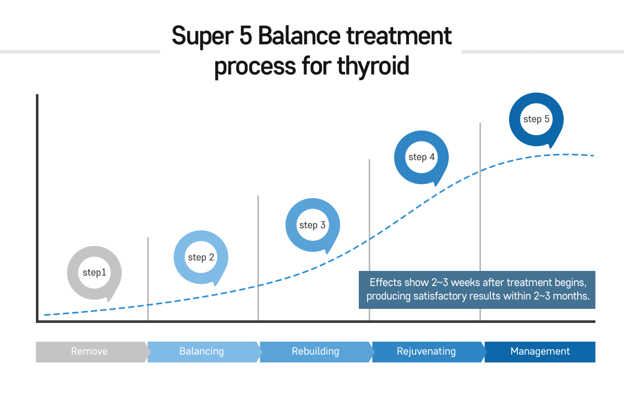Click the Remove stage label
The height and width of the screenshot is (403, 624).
pyautogui.click(x=89, y=352)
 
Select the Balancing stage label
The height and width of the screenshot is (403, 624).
pyautogui.click(x=202, y=352)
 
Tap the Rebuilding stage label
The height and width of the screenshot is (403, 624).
pyautogui.click(x=315, y=352)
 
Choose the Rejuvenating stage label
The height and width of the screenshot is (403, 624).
pyautogui.click(x=426, y=352)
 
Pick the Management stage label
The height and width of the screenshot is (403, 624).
pyautogui.click(x=540, y=352)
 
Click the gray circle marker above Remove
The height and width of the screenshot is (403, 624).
pyautogui.click(x=94, y=273)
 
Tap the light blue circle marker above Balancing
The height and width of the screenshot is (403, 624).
pyautogui.click(x=201, y=257)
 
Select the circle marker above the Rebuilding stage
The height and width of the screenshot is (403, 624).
pyautogui.click(x=313, y=226)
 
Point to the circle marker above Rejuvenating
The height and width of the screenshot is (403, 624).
pyautogui.click(x=421, y=158)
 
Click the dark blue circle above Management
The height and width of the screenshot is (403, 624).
pyautogui.click(x=536, y=120)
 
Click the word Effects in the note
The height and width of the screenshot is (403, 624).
pyautogui.click(x=385, y=283)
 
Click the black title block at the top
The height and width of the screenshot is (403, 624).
pyautogui.click(x=312, y=52)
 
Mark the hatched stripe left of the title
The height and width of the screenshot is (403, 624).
pyautogui.click(x=80, y=51)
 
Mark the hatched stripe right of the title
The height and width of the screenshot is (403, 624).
pyautogui.click(x=542, y=51)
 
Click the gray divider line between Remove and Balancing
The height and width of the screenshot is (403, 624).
pyautogui.click(x=148, y=278)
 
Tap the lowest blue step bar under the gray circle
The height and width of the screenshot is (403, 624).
pyautogui.click(x=122, y=306)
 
